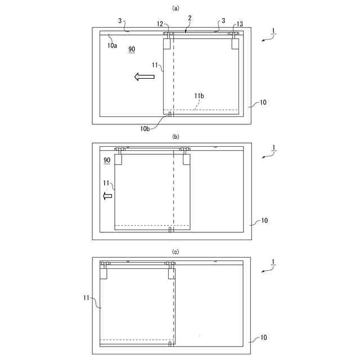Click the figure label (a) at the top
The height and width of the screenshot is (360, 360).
(x=176, y=8)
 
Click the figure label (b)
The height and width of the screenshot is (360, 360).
(x=176, y=137)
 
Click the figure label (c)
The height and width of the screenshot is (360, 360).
(x=176, y=252)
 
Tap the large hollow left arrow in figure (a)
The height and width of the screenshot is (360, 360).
(x=145, y=76)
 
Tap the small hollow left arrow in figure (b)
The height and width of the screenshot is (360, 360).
(x=108, y=196)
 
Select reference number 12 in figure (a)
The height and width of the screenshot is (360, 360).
(x=160, y=24)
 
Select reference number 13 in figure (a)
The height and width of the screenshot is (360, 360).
(x=240, y=24)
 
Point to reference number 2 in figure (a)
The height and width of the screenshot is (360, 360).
(x=190, y=19)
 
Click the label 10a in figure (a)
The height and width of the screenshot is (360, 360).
(x=112, y=45)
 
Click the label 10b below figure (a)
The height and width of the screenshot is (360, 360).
(x=145, y=128)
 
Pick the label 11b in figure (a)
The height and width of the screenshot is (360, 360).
(x=199, y=96)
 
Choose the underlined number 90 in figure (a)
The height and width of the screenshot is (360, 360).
(x=132, y=49)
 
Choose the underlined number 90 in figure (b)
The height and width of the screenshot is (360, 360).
(x=107, y=160)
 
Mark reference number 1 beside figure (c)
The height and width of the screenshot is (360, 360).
(x=273, y=262)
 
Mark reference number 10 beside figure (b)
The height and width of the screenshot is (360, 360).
(x=264, y=220)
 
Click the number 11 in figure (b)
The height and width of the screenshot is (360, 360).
(x=106, y=183)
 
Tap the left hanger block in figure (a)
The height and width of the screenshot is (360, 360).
(x=166, y=44)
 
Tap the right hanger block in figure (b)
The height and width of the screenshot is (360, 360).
(x=186, y=159)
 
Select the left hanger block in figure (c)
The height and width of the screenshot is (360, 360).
(x=103, y=274)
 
